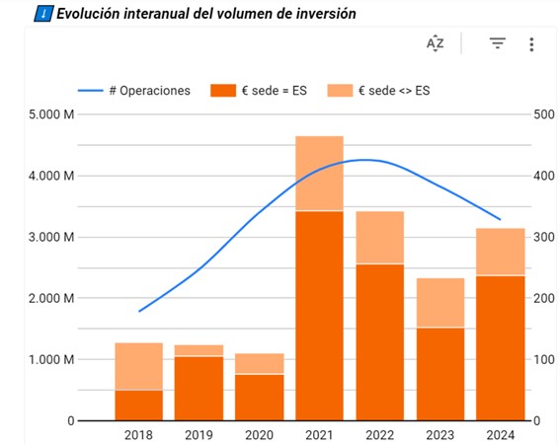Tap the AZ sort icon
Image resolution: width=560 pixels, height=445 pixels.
[436, 43]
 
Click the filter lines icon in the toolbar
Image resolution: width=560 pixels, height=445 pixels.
[498, 43]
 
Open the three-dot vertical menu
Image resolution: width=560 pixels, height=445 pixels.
[531, 44]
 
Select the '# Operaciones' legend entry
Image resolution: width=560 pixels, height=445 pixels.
[148, 91]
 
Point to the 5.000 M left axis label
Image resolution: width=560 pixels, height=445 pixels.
[48, 115]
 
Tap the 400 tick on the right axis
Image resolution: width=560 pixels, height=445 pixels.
[541, 177]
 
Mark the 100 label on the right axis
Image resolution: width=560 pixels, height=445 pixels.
[541, 359]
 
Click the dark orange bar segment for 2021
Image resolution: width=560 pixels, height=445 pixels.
[318, 316]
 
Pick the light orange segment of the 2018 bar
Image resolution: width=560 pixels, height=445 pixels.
[138, 366]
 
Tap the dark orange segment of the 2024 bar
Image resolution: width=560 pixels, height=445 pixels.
[499, 347]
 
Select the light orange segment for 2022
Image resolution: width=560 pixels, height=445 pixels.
[378, 238]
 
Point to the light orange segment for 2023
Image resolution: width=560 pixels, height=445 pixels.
[439, 303]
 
